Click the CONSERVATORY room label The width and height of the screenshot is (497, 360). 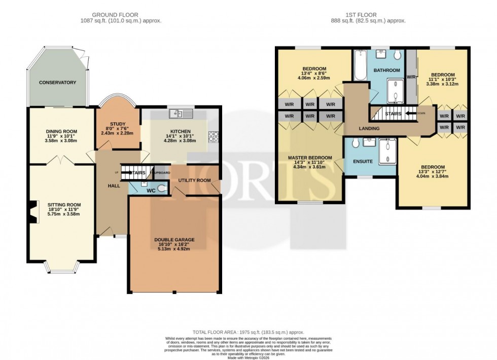[57, 83]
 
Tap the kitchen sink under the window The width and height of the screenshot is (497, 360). [181, 114]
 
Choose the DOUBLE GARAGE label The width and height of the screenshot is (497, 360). [174, 240]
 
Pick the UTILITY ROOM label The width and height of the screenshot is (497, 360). [194, 181]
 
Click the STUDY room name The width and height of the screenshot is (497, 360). [117, 123]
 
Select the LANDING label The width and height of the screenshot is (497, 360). [369, 129]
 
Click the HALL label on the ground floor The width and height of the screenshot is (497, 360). [114, 186]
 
